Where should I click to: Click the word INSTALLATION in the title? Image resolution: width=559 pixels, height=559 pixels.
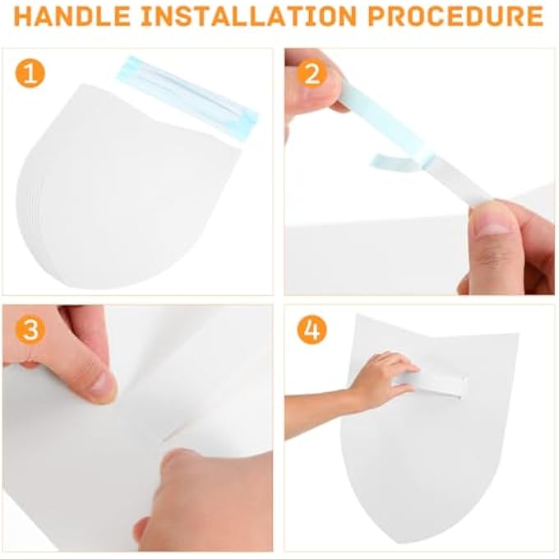pos(249,16)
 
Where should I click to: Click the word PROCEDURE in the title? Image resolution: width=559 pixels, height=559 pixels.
pos(455,16)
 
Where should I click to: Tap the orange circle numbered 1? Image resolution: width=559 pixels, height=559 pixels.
pos(30,74)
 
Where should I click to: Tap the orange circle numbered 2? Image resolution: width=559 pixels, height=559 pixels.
pos(312,74)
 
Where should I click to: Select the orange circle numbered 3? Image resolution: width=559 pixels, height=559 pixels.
pos(30,329)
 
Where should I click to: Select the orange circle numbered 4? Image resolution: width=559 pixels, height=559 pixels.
pos(312,329)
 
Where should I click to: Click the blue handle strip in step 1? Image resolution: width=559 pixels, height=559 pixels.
pos(188,94)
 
